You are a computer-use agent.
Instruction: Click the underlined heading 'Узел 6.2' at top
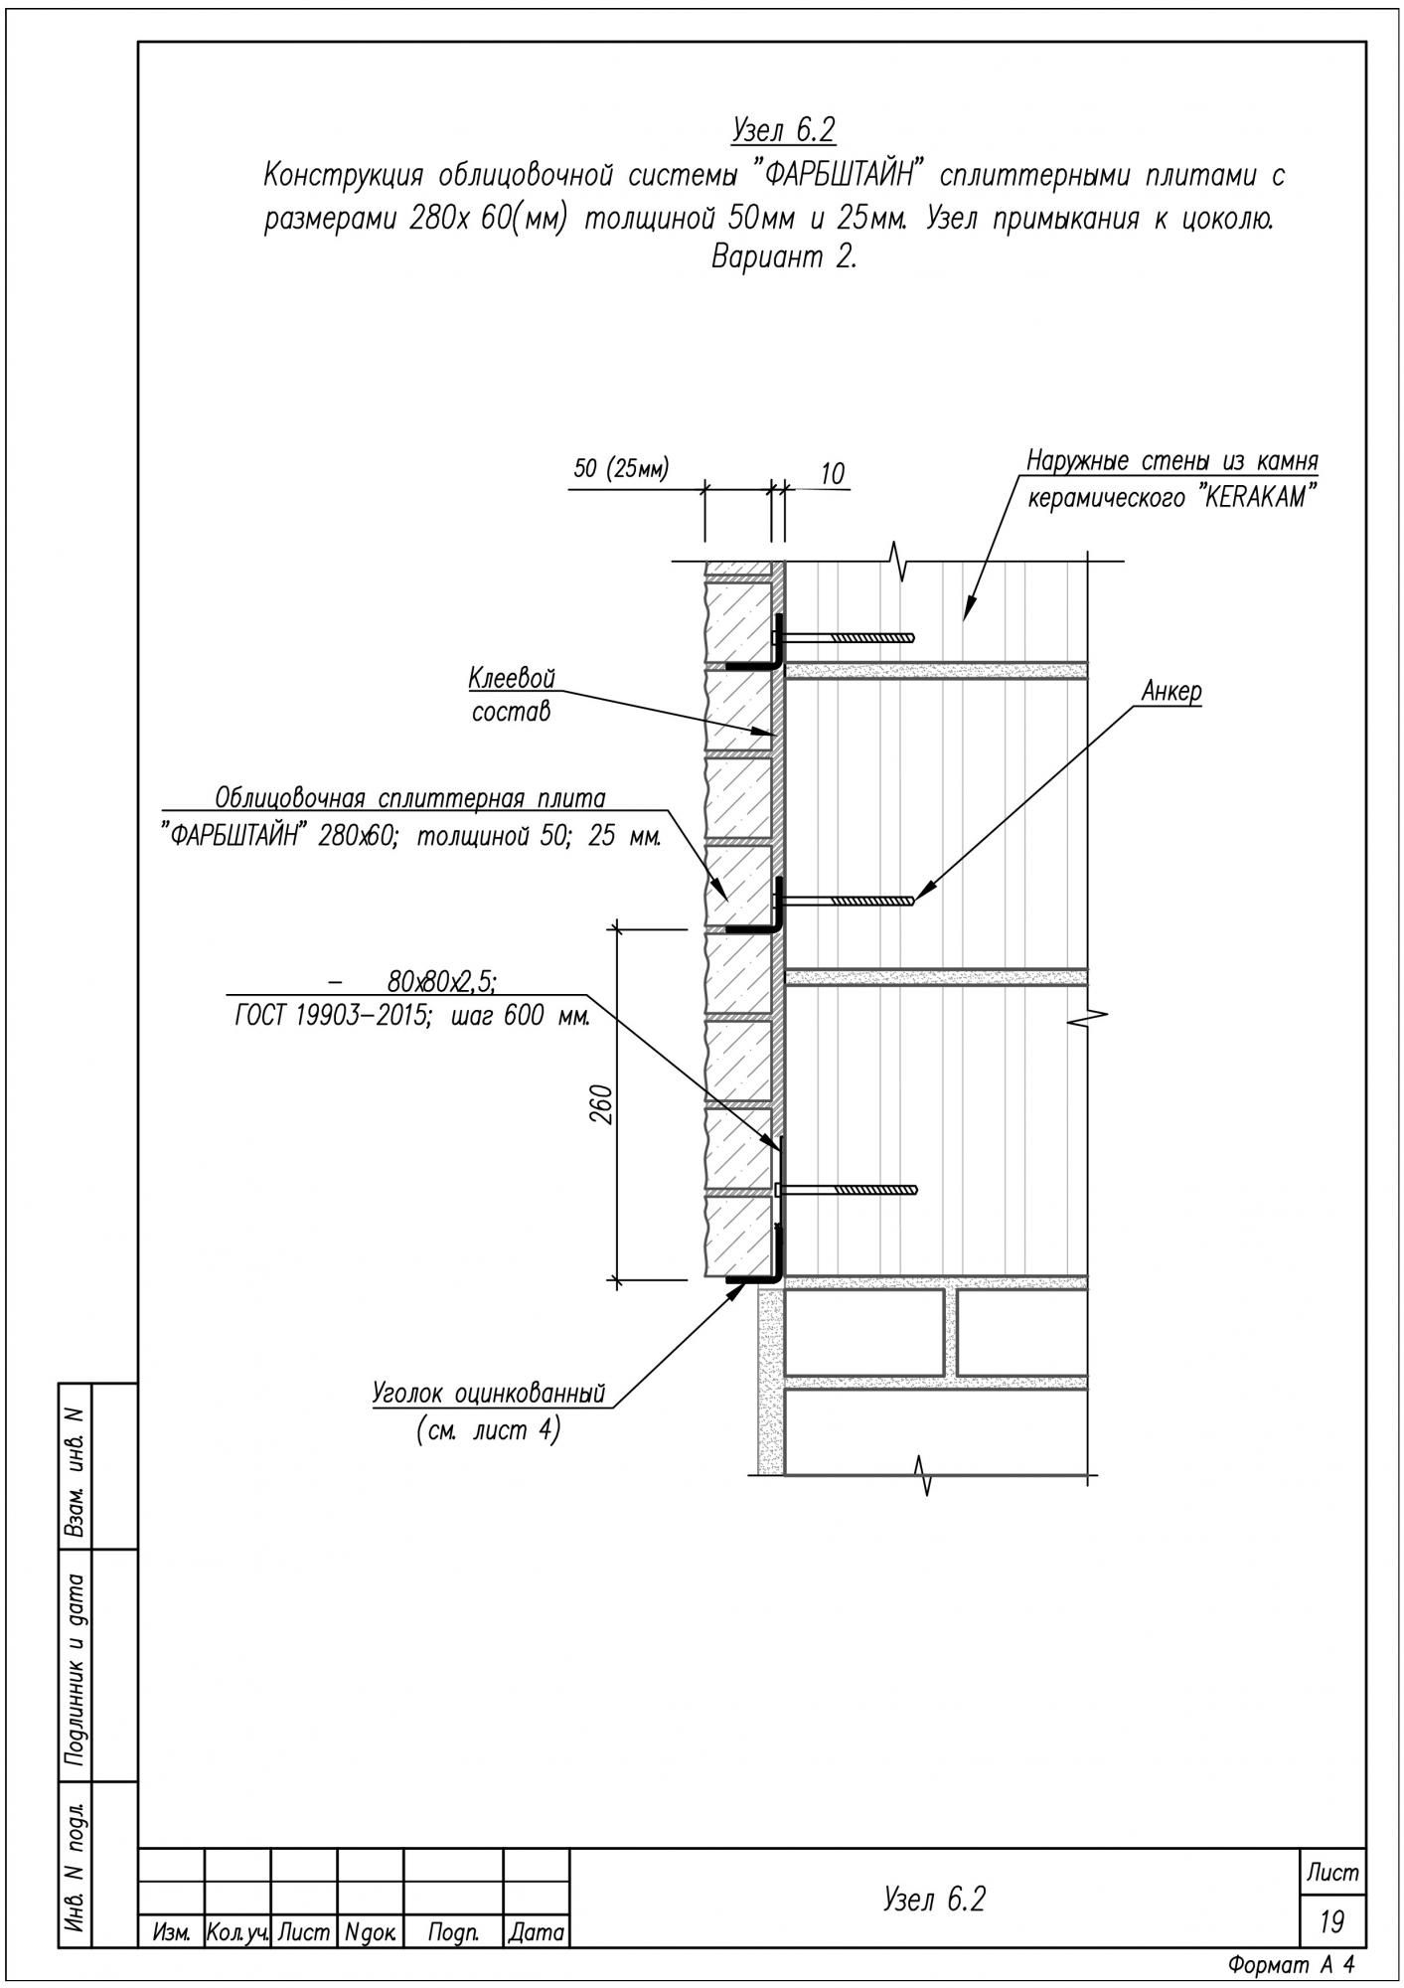(782, 130)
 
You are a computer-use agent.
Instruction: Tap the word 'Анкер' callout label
(1171, 693)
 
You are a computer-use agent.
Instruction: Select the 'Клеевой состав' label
(512, 696)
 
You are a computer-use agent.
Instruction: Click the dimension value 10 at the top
(833, 474)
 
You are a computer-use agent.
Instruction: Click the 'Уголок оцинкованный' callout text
(489, 1394)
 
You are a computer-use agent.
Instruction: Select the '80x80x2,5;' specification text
(442, 983)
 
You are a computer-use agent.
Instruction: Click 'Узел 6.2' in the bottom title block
(934, 1900)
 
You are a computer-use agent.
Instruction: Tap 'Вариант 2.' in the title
(784, 257)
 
